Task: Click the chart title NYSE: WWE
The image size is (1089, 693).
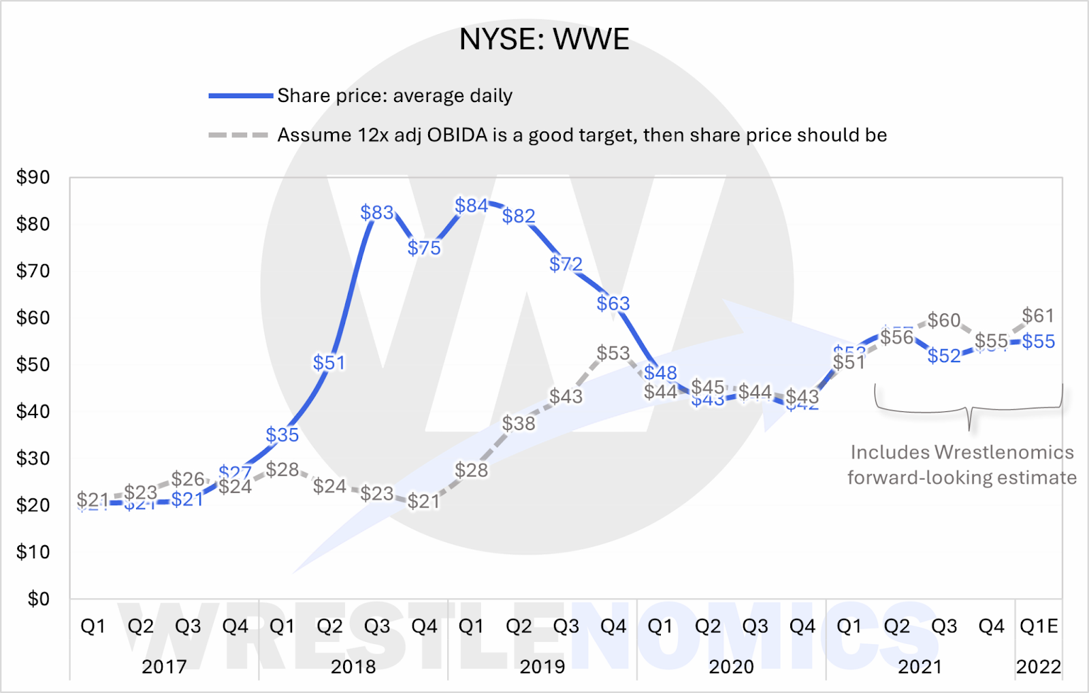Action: coord(544,39)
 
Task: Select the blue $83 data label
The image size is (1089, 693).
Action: coord(377,213)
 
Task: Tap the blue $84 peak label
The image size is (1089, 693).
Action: coord(472,206)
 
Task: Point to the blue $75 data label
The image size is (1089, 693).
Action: coord(424,248)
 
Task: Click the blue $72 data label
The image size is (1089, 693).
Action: coord(566,264)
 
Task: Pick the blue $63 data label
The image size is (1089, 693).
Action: coord(613,304)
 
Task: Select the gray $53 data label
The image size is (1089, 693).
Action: coord(613,353)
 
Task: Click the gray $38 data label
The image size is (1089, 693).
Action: coord(519,424)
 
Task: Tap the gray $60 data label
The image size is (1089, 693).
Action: coord(944,321)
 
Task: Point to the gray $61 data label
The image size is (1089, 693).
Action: coord(1038,316)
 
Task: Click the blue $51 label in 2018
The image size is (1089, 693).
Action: coord(329,363)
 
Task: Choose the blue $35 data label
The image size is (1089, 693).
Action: coord(282,435)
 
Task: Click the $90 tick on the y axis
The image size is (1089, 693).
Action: coord(33,178)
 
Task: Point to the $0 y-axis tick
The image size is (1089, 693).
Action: coord(39,599)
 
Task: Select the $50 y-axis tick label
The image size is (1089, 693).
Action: coord(33,365)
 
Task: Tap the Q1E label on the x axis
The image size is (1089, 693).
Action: coord(1039,626)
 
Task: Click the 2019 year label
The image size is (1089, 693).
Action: coord(542,666)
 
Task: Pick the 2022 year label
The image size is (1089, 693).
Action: coord(1039,666)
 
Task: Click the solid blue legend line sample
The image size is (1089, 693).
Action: coord(240,96)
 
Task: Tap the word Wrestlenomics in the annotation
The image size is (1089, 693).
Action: coord(1004,453)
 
